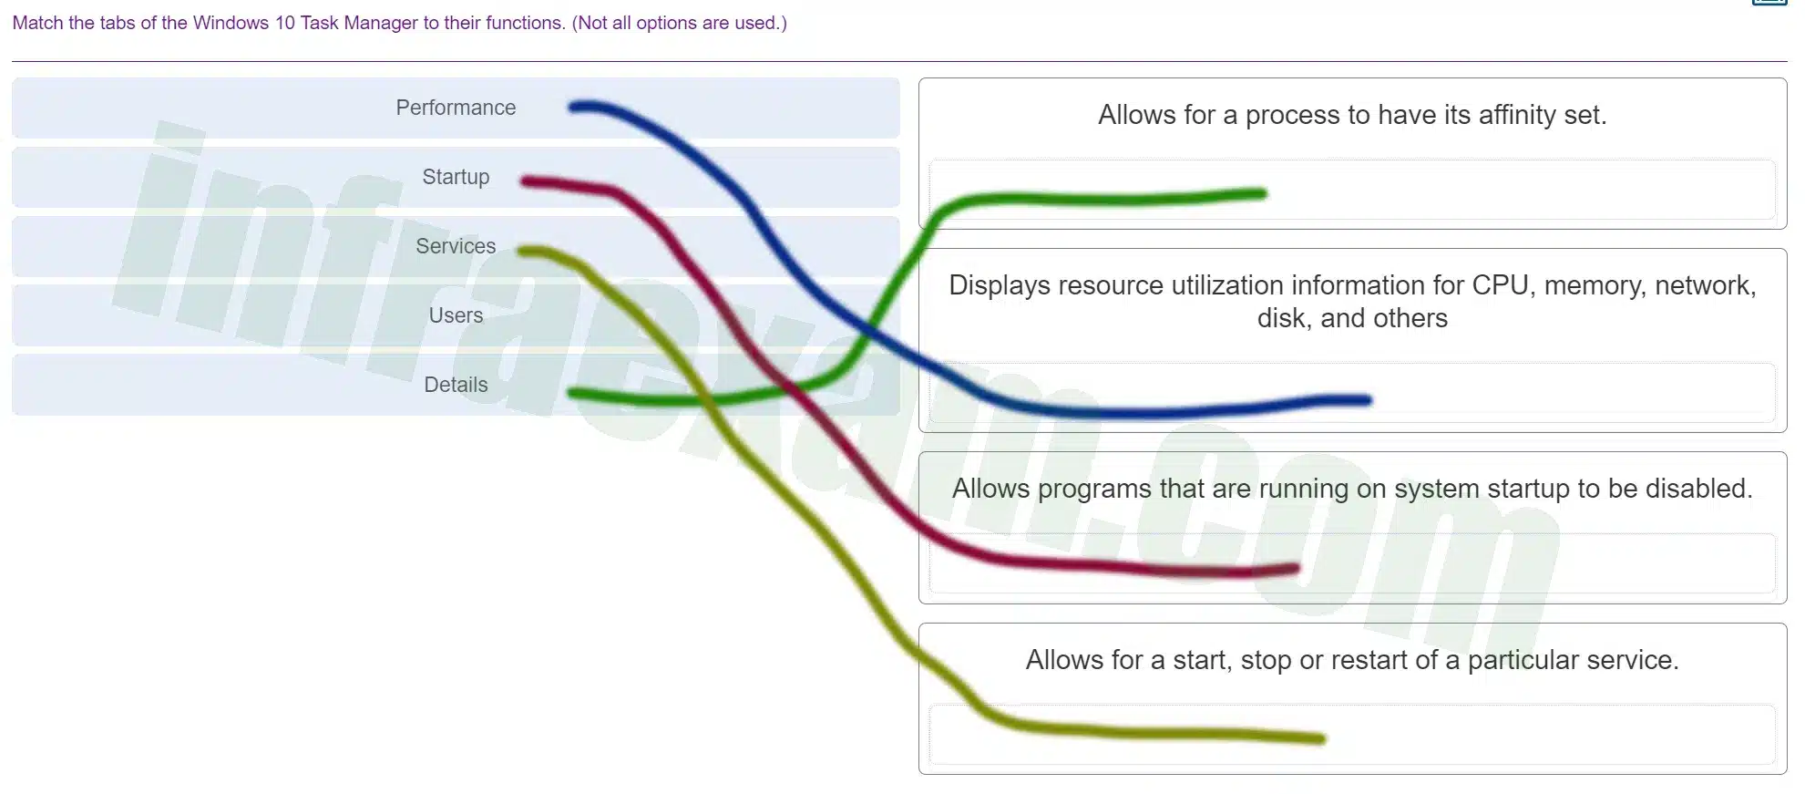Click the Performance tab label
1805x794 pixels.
click(x=456, y=108)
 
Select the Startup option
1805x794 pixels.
click(x=456, y=177)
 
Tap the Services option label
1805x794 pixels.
click(x=456, y=246)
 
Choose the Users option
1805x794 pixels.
click(x=456, y=315)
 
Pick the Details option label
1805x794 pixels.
click(x=456, y=385)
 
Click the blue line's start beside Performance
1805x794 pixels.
click(x=573, y=108)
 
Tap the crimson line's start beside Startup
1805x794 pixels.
click(x=526, y=181)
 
